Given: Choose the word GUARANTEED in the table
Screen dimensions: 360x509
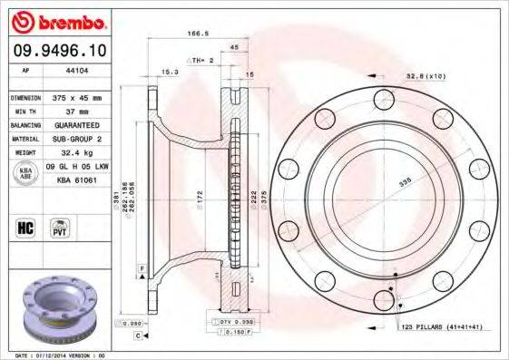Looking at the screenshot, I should [78, 125].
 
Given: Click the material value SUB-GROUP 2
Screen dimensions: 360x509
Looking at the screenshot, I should [78, 139].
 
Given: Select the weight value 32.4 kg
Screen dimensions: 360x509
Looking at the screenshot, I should [77, 153].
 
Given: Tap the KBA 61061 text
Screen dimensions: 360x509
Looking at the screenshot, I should [77, 180].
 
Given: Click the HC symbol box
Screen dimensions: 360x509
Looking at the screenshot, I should [25, 226].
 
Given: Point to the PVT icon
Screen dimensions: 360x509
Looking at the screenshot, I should [60, 226].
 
